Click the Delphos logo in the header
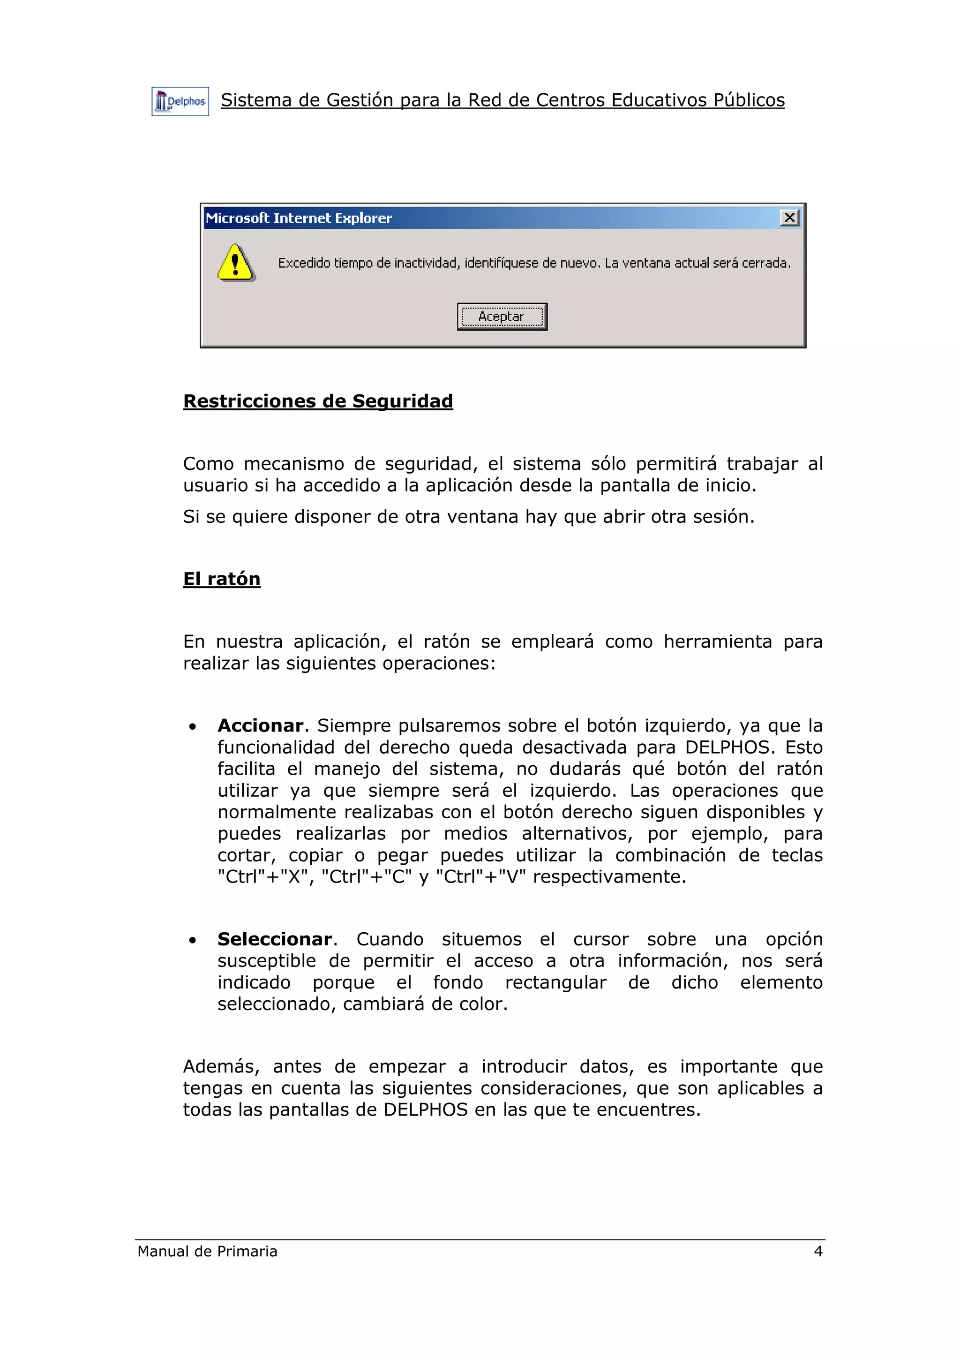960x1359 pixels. pos(180,102)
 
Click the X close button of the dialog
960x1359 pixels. pos(789,218)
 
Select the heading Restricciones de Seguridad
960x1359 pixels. pos(318,401)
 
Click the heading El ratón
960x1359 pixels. pos(221,579)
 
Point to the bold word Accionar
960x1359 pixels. pos(260,725)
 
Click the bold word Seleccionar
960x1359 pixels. pos(275,939)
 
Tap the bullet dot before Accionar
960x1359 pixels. pos(192,727)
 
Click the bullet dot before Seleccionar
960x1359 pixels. pos(192,941)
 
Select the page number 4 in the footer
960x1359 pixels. pos(818,1251)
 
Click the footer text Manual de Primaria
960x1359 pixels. pos(207,1251)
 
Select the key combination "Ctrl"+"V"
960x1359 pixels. pos(481,876)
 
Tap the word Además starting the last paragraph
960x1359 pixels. pos(221,1066)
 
